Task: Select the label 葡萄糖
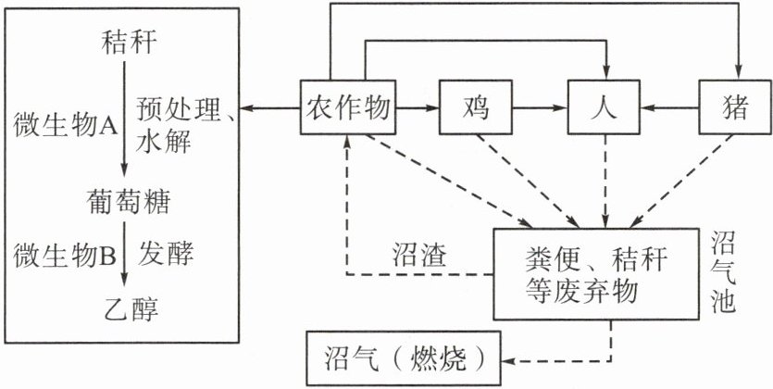pyautogui.click(x=126, y=200)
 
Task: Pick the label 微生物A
pyautogui.click(x=64, y=124)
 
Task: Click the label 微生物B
pyautogui.click(x=64, y=252)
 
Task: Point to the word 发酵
pyautogui.click(x=167, y=252)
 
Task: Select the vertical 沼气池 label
pyautogui.click(x=723, y=274)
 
